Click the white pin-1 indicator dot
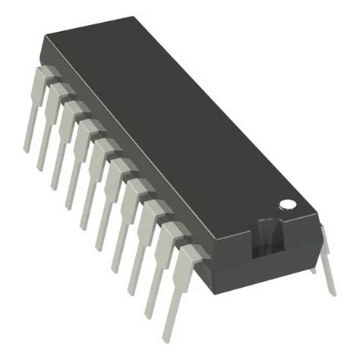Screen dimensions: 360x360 (288, 204)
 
